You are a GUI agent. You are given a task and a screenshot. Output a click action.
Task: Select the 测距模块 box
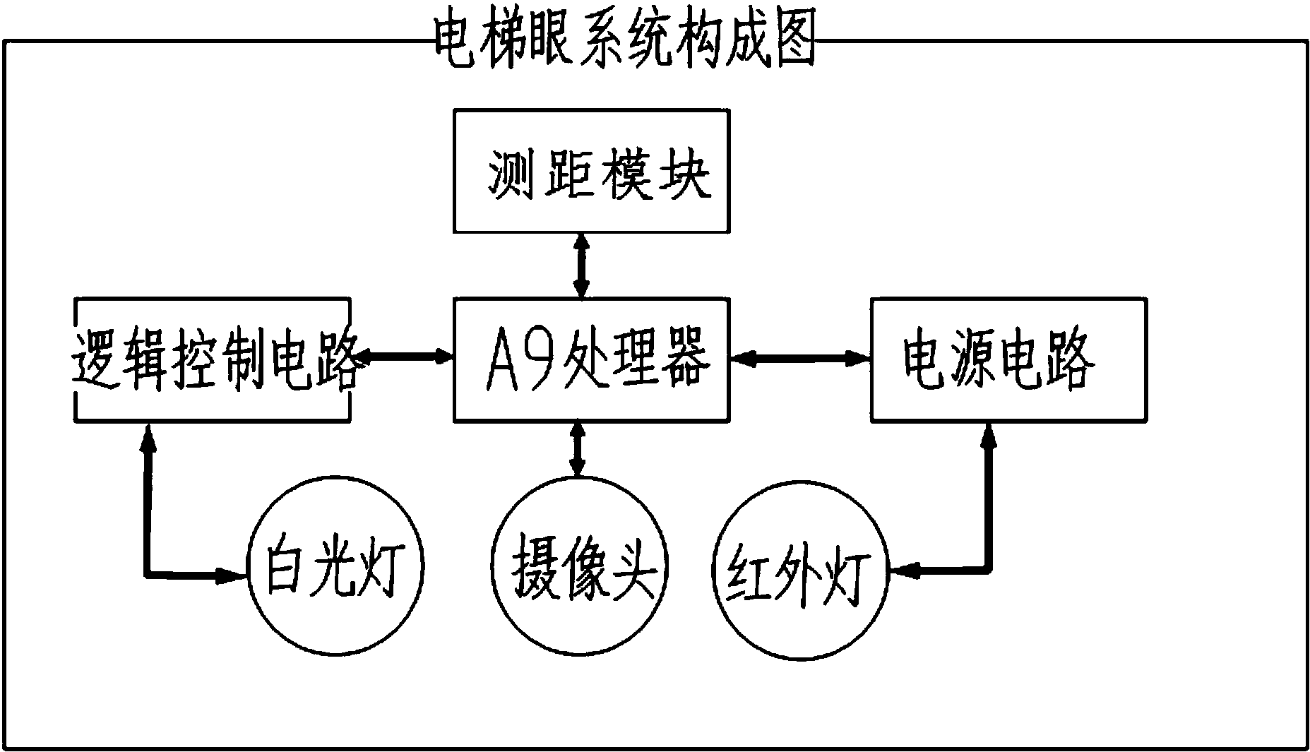coord(591,171)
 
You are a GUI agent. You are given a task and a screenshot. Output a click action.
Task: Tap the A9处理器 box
coord(591,359)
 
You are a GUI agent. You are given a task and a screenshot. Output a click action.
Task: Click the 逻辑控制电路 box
coord(213,359)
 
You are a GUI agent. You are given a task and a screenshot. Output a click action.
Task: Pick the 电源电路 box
coord(1008,359)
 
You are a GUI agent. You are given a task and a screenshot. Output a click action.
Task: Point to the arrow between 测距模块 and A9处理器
coord(580,265)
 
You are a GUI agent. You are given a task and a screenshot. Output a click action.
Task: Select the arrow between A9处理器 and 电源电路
coord(800,359)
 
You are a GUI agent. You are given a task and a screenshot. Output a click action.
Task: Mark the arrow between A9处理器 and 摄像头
coord(578,449)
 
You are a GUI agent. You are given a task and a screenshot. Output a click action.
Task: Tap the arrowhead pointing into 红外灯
coord(903,571)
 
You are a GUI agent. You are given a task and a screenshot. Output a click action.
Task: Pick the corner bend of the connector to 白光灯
coord(148,574)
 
